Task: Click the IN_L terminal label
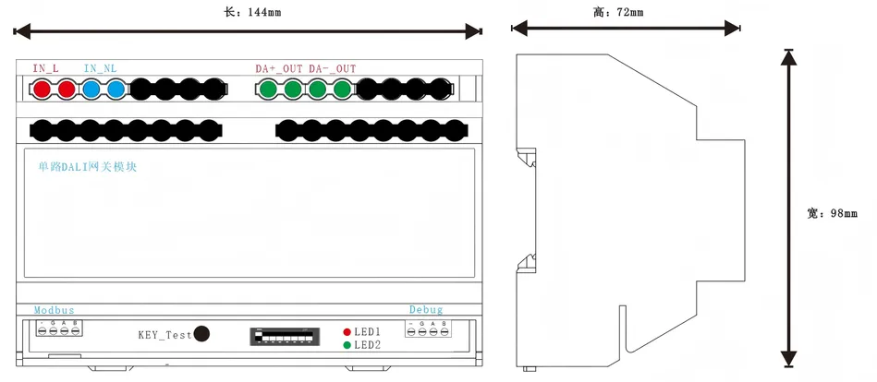coord(46,68)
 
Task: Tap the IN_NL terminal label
coord(100,68)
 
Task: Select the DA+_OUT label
coord(279,68)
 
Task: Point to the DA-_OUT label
coord(332,68)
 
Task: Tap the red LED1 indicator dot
coord(347,331)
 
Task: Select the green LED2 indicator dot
coord(347,345)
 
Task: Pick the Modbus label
coord(54,310)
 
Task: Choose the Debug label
coord(426,310)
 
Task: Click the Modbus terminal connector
coord(58,328)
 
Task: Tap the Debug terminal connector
coord(427,329)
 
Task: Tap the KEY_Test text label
coord(164,335)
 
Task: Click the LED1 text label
coord(368,331)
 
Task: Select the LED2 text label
coord(368,345)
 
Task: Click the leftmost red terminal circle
coord(43,90)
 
